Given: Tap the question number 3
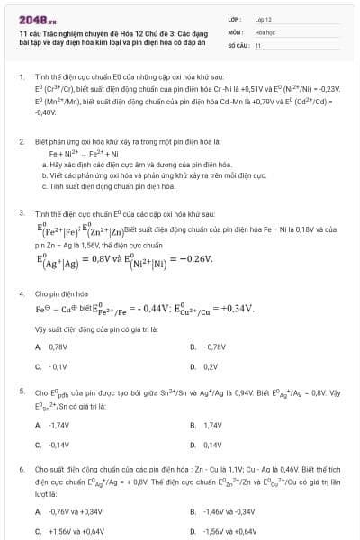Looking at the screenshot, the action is pos(22,214).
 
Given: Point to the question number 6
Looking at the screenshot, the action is pos(22,470).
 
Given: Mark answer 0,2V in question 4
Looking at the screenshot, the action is pos(211,367).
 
